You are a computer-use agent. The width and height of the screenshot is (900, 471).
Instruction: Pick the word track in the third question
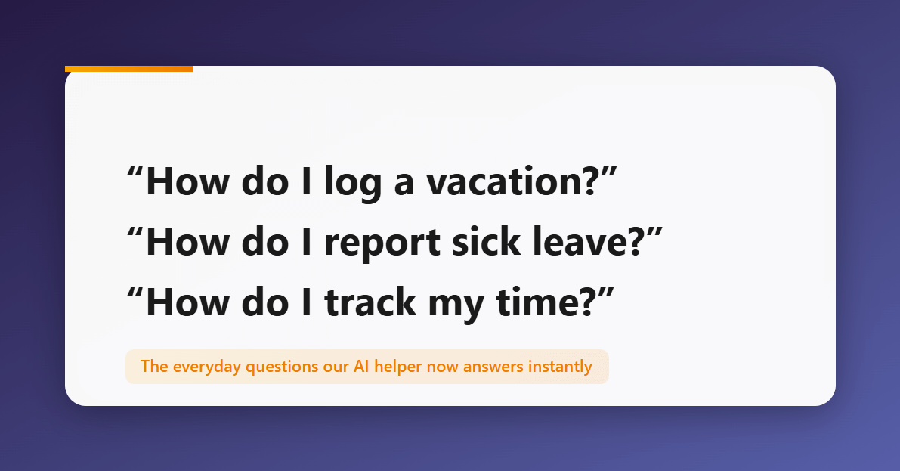pyautogui.click(x=370, y=303)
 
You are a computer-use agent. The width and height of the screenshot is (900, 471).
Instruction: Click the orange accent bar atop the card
pyautogui.click(x=129, y=69)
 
